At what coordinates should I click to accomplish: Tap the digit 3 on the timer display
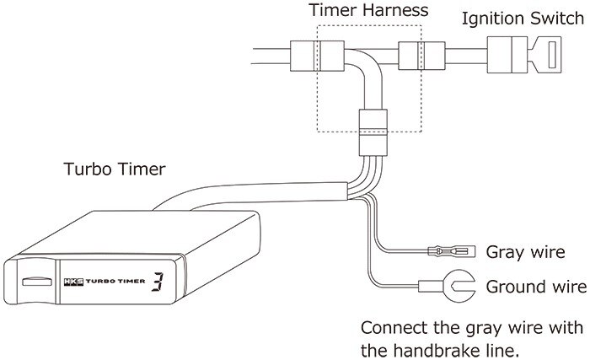click(x=157, y=283)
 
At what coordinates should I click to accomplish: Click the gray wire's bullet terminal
click(x=445, y=250)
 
